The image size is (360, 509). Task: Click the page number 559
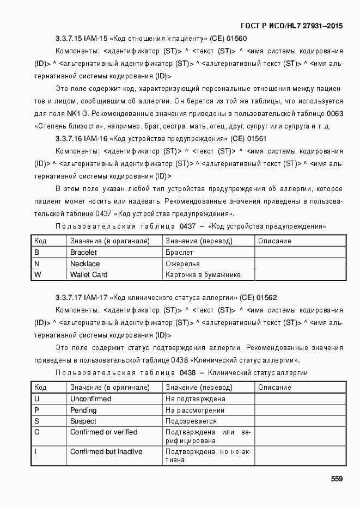(x=336, y=479)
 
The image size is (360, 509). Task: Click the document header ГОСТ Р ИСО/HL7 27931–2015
(x=291, y=26)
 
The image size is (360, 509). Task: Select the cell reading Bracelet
(x=83, y=253)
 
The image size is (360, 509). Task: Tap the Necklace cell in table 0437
(x=85, y=264)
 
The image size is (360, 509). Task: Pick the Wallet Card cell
(x=89, y=275)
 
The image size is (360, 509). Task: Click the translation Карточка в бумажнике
(x=203, y=275)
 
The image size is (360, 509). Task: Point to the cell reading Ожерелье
(x=182, y=264)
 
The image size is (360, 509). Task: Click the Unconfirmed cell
(x=90, y=399)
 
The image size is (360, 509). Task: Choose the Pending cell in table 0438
(x=83, y=410)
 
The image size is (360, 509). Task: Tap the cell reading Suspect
(x=83, y=421)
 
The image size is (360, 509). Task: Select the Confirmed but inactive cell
(x=106, y=452)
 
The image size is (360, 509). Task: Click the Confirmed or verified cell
(x=103, y=432)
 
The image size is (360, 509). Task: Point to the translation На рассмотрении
(x=195, y=410)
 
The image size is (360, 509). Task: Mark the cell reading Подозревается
(x=191, y=421)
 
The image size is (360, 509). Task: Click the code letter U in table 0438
(x=36, y=399)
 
